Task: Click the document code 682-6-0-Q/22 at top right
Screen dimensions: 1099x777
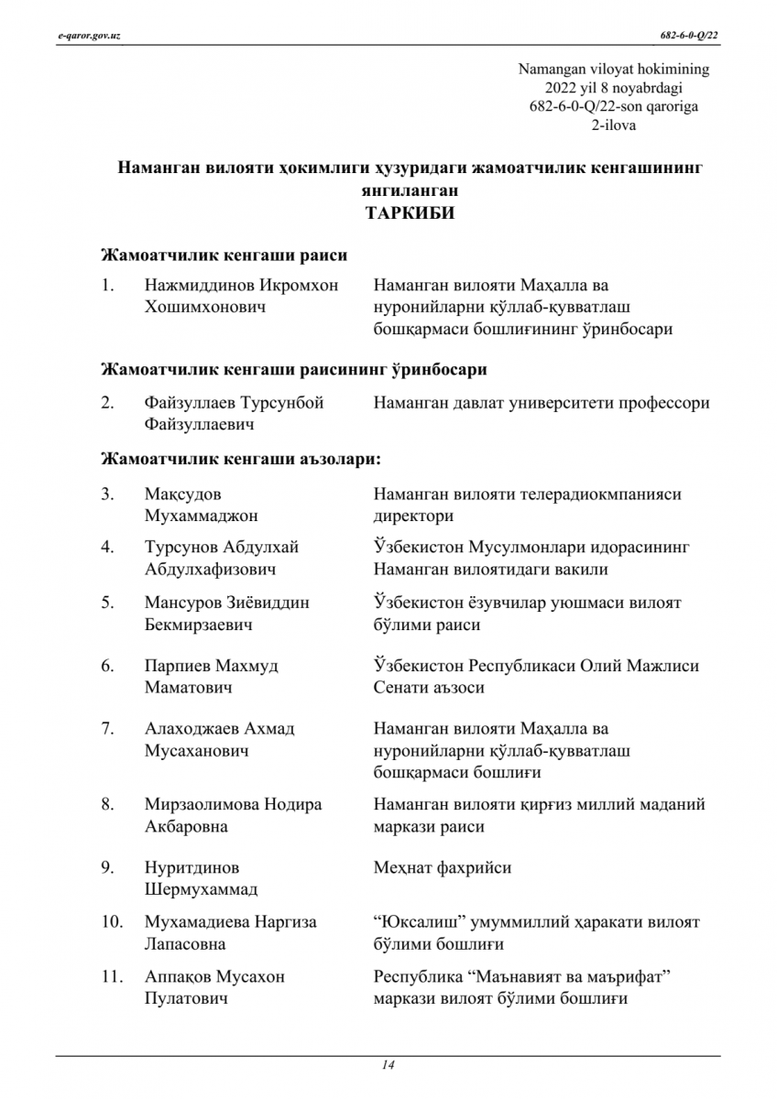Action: point(690,36)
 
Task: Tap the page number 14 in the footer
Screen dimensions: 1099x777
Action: point(388,1064)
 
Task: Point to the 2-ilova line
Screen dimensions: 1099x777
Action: point(614,125)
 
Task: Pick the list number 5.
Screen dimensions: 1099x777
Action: point(107,603)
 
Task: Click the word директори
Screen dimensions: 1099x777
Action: point(413,517)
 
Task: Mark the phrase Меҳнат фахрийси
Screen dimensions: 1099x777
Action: point(442,867)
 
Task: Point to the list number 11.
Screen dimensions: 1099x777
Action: point(112,977)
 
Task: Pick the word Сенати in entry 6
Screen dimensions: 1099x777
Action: point(399,688)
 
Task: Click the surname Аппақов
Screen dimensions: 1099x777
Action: point(178,977)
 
